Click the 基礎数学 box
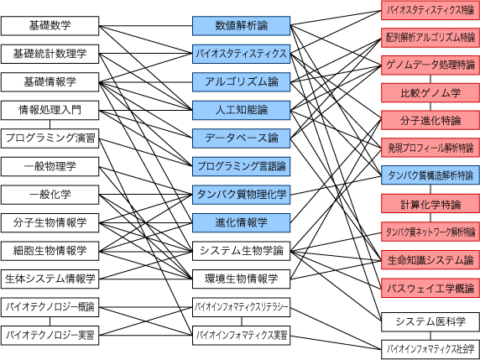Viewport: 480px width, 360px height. [50, 26]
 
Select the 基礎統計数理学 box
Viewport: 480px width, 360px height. [50, 54]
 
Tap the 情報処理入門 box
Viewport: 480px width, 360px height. [50, 110]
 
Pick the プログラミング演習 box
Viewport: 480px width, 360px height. [50, 138]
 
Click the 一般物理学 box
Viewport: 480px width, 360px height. [50, 166]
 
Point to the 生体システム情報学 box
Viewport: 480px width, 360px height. [50, 279]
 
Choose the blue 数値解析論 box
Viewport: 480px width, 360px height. [241, 26]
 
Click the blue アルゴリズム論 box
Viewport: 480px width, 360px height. [241, 82]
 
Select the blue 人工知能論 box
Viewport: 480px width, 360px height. [241, 110]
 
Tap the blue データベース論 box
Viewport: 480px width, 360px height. [241, 138]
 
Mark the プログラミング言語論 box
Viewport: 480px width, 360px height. [241, 166]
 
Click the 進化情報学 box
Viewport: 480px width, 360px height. [241, 223]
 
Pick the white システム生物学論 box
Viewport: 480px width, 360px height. [241, 251]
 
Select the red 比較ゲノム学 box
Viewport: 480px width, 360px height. [430, 92]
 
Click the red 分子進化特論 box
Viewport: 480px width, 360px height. [430, 120]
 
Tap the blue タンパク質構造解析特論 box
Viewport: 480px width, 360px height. [430, 175]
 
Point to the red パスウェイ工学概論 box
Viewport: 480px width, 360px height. [430, 288]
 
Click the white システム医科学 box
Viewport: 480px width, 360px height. [430, 321]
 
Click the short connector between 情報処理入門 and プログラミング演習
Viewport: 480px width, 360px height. [50, 124]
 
